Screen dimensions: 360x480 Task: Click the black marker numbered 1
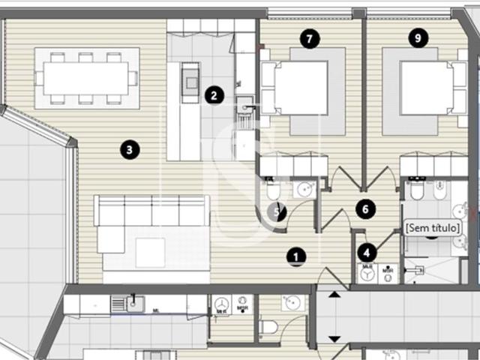297,257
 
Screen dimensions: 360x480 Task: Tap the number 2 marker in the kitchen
214,95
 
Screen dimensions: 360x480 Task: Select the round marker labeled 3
130,150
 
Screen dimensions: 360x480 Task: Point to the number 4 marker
367,253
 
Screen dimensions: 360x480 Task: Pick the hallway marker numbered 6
365,209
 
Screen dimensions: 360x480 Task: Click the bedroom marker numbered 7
308,37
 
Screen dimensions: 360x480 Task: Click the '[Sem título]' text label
431,226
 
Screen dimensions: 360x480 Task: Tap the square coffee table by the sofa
150,253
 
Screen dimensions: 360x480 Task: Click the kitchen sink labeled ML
136,303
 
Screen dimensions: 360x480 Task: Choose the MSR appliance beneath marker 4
386,274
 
